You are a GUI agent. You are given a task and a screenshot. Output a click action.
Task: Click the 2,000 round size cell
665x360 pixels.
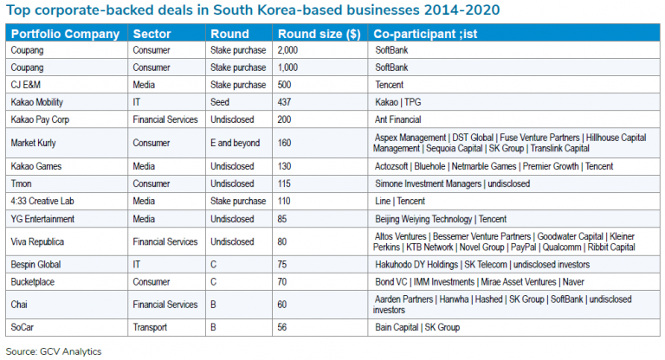click(x=288, y=51)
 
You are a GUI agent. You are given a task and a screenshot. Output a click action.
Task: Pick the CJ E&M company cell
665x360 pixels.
click(x=27, y=86)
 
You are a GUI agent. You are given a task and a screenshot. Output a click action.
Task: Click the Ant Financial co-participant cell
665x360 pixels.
click(x=400, y=119)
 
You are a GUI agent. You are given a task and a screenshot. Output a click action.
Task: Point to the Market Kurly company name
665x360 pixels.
click(x=35, y=143)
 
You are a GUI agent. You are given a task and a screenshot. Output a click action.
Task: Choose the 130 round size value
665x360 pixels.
click(x=285, y=165)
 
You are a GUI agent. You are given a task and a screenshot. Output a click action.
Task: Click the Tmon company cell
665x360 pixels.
click(x=23, y=183)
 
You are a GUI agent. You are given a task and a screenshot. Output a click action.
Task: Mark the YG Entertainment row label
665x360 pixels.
click(x=43, y=218)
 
